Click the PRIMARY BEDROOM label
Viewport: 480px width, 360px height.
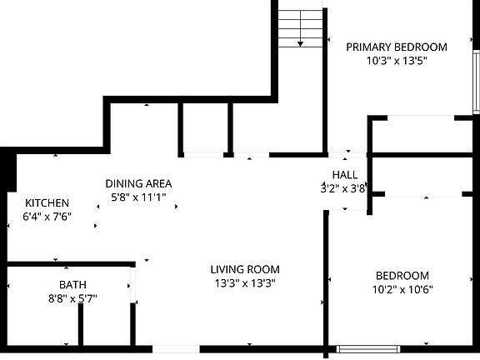(x=397, y=47)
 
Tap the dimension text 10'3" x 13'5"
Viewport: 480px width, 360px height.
(x=397, y=61)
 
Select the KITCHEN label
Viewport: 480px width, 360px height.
(x=47, y=203)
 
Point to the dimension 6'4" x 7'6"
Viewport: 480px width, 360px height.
(x=47, y=217)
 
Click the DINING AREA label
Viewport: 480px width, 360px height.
(x=138, y=183)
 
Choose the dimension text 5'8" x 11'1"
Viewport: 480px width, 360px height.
(x=138, y=197)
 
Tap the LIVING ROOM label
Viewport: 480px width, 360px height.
(x=245, y=269)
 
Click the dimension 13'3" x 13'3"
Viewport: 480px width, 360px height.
(x=245, y=283)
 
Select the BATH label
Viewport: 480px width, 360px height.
(x=72, y=285)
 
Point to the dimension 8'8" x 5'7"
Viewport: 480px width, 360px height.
(x=72, y=298)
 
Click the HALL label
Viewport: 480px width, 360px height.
(x=345, y=175)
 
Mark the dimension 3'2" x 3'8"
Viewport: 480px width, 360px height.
(x=343, y=188)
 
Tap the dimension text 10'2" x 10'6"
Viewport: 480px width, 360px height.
(x=402, y=289)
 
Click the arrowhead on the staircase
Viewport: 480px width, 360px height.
(x=300, y=44)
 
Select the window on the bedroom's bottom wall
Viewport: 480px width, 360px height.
(x=368, y=349)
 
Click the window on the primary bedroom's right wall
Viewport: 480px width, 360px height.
(x=477, y=82)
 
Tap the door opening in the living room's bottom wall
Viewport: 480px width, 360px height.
(x=176, y=349)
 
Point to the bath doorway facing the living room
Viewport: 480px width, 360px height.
(x=132, y=285)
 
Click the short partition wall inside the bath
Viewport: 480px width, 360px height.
(x=81, y=324)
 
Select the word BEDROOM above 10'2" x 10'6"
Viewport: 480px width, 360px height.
(x=402, y=276)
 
